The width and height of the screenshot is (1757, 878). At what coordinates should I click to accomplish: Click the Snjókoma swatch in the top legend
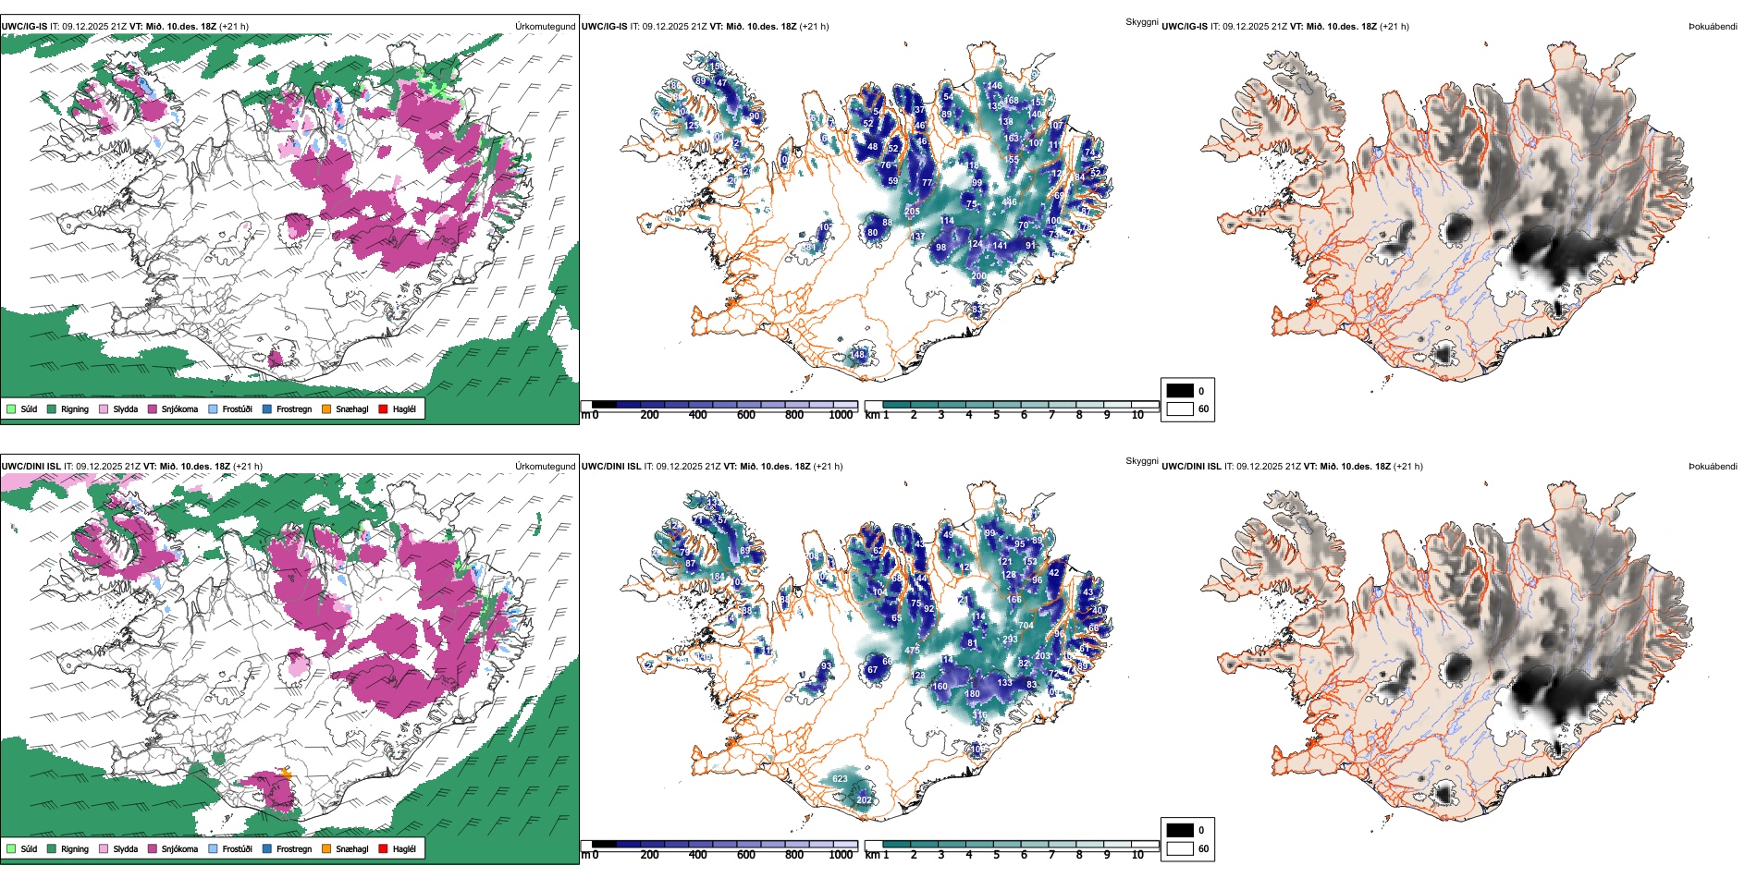click(x=153, y=409)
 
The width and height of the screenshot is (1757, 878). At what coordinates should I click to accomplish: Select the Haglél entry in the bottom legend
click(x=383, y=848)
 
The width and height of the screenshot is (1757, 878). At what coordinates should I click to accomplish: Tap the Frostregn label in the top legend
click(x=293, y=409)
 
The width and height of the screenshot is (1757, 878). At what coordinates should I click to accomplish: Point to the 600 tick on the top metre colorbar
click(x=746, y=415)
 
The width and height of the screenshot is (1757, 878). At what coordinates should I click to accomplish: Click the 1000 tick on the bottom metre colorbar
click(x=841, y=855)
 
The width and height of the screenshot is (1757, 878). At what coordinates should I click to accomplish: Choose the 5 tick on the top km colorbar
click(x=996, y=415)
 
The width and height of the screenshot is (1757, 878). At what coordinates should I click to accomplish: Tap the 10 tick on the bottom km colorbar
click(x=1137, y=855)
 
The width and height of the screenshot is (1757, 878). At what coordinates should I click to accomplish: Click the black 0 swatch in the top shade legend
click(x=1180, y=391)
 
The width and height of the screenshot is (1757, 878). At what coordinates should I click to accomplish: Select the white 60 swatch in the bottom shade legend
click(x=1180, y=848)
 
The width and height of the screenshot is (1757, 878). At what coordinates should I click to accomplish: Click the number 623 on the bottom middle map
click(x=840, y=779)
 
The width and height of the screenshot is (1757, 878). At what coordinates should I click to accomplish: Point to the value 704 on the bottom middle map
click(x=1026, y=626)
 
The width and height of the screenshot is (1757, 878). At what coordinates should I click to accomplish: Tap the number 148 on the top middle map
click(x=858, y=355)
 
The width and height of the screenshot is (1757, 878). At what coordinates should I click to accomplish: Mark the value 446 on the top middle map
click(x=1009, y=202)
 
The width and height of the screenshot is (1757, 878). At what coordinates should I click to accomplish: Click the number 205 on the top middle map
click(x=912, y=212)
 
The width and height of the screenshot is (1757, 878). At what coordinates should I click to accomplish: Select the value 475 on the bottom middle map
click(x=912, y=651)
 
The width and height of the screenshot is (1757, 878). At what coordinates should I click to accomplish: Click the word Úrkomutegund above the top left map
click(x=545, y=27)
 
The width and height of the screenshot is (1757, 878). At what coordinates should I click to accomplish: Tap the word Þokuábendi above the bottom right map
click(x=1713, y=467)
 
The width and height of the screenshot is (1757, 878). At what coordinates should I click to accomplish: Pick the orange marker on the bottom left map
click(x=286, y=774)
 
